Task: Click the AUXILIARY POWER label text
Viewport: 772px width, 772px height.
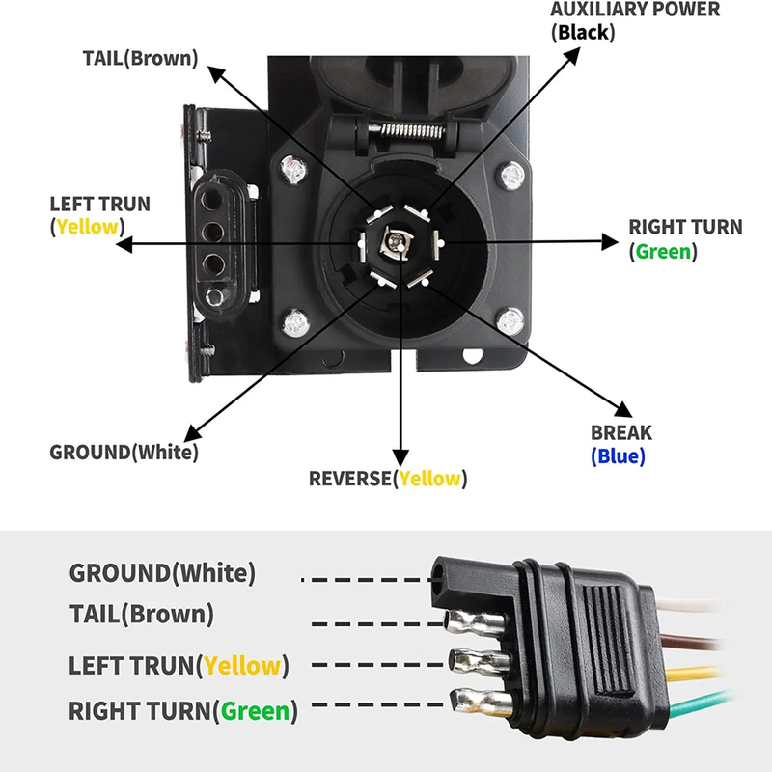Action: click(635, 10)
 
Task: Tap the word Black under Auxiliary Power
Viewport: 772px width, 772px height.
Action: click(582, 32)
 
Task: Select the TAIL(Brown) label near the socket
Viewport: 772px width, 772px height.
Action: click(140, 57)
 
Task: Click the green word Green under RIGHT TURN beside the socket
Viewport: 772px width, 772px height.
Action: click(663, 251)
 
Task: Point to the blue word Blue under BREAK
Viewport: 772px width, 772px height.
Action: click(618, 456)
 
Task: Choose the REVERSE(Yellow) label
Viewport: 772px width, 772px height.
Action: click(387, 478)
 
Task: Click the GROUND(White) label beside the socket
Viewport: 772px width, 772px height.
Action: click(124, 452)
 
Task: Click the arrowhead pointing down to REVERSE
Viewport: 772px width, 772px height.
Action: click(397, 454)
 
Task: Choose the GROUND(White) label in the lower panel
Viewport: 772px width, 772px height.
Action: click(162, 572)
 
